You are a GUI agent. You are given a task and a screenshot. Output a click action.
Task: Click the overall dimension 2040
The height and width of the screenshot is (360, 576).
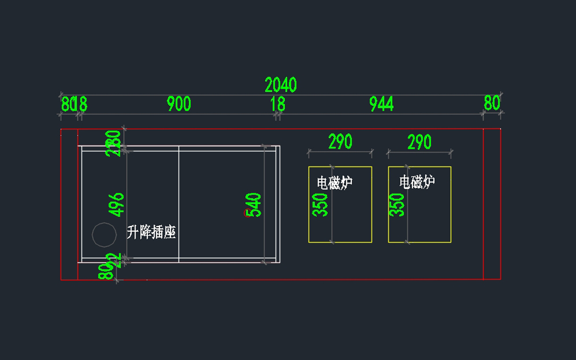coord(281,85)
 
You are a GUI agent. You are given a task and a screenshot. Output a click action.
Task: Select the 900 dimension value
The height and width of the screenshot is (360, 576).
coord(179,104)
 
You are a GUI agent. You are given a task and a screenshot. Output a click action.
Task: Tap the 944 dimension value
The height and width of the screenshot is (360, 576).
coord(382,104)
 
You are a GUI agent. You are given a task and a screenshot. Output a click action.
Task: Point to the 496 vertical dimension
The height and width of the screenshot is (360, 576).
coord(117,204)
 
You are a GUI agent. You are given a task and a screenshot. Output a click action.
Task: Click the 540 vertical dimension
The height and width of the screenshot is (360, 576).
coord(255,205)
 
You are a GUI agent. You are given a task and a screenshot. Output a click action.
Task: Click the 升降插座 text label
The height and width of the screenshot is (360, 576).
coord(151,233)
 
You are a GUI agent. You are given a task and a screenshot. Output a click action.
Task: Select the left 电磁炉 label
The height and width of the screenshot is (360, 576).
coord(335,182)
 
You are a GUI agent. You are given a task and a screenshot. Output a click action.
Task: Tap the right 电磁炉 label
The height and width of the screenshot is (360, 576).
coord(417,181)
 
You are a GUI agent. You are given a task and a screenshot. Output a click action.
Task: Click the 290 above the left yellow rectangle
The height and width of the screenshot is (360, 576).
coord(340,142)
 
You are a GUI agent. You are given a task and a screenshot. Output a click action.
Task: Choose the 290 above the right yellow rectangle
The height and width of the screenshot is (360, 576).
coord(420,142)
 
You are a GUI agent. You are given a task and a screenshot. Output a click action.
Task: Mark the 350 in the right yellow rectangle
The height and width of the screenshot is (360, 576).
coord(397,204)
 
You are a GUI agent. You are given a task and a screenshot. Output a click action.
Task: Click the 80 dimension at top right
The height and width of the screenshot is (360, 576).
coord(492,103)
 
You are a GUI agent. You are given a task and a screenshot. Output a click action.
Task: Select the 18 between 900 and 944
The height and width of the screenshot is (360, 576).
coord(277,104)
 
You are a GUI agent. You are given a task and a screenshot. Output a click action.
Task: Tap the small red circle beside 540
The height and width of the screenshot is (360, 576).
coord(247,213)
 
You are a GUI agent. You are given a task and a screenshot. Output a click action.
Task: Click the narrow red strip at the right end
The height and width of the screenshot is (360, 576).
coord(492,204)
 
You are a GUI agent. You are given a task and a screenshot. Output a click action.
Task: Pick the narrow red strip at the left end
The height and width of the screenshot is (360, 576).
coord(69,204)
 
